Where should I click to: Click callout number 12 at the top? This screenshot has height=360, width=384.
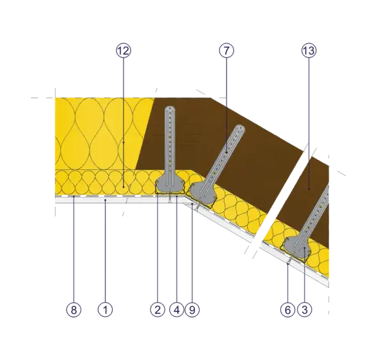click(x=124, y=51)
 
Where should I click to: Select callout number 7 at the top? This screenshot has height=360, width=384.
click(x=227, y=51)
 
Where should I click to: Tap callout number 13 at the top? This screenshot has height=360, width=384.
click(x=309, y=51)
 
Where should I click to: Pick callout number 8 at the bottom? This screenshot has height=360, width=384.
click(x=74, y=310)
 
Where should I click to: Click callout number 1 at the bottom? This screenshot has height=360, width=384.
click(x=106, y=310)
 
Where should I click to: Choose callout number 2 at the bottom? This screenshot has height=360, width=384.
click(x=157, y=310)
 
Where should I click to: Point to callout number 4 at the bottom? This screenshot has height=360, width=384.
click(x=177, y=310)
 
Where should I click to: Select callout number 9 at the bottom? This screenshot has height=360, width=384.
click(x=192, y=310)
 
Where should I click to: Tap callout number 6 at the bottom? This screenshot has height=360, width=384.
click(x=288, y=310)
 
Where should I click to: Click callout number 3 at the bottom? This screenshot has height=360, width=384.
click(x=305, y=310)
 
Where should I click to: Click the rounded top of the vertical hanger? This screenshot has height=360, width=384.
click(x=170, y=109)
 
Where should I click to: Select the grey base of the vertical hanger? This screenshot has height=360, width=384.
click(x=170, y=185)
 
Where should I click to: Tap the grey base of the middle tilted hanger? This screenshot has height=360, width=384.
click(x=203, y=193)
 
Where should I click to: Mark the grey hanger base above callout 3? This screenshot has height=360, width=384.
click(x=297, y=247)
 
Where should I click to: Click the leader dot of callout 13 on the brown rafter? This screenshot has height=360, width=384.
click(x=309, y=189)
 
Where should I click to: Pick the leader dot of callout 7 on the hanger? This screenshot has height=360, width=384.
click(x=227, y=153)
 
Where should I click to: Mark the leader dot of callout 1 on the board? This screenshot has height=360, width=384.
click(x=106, y=200)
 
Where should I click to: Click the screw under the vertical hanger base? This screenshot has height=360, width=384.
click(x=170, y=198)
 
